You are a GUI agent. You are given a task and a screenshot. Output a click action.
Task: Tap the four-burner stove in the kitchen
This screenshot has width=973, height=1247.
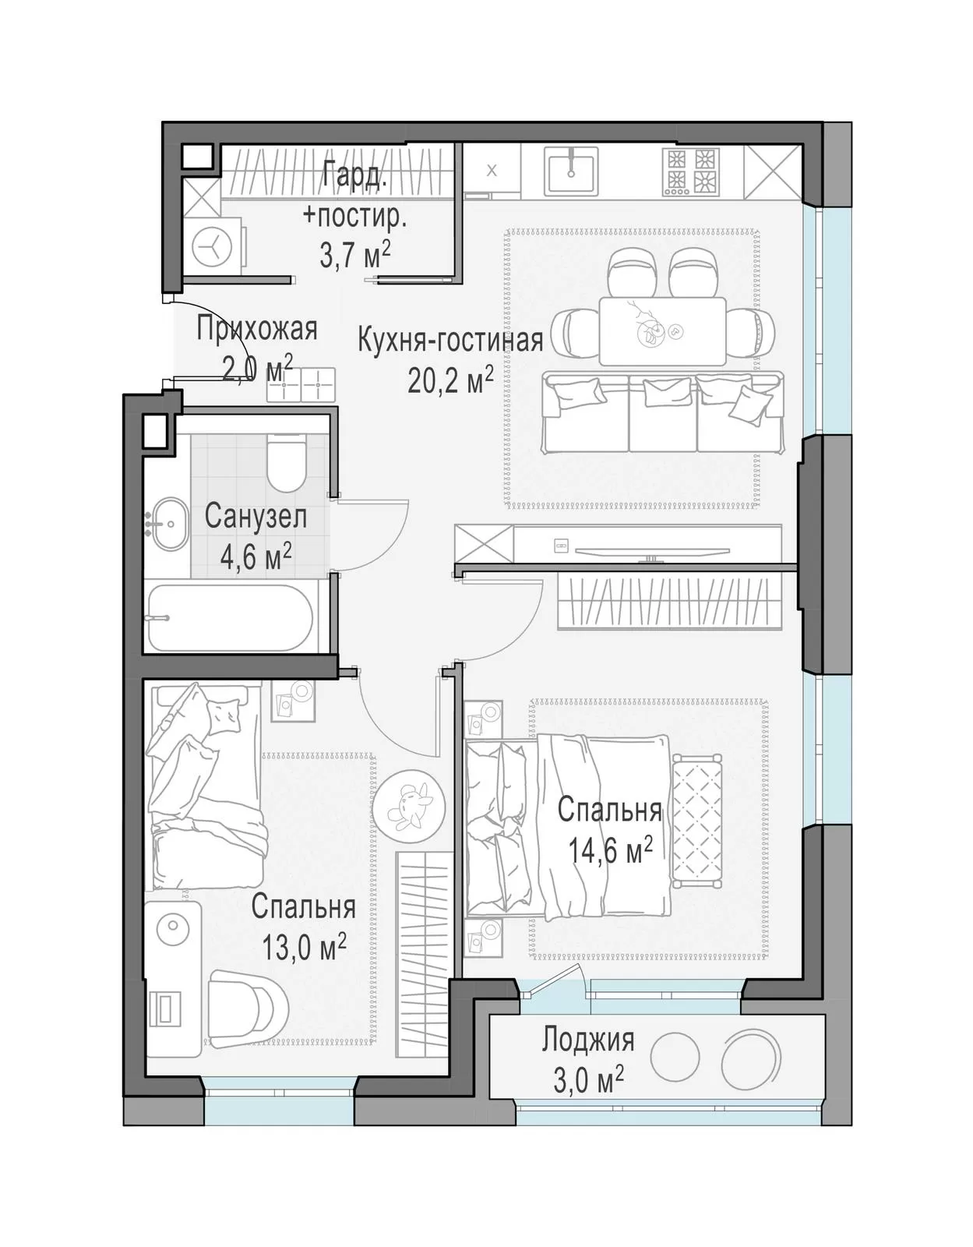click(x=691, y=171)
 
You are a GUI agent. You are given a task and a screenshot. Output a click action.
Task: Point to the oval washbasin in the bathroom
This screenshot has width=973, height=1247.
click(x=168, y=524)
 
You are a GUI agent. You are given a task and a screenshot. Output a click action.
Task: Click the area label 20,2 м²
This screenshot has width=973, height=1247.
click(x=450, y=380)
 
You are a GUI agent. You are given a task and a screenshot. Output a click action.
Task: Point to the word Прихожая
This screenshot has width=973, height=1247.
click(x=257, y=330)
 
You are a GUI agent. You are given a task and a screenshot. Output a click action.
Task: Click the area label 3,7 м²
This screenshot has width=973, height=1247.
click(x=355, y=255)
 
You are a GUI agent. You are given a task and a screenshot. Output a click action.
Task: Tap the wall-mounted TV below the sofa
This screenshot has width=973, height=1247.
click(x=653, y=552)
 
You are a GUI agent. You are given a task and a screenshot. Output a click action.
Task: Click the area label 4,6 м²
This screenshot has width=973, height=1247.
click(x=256, y=557)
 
